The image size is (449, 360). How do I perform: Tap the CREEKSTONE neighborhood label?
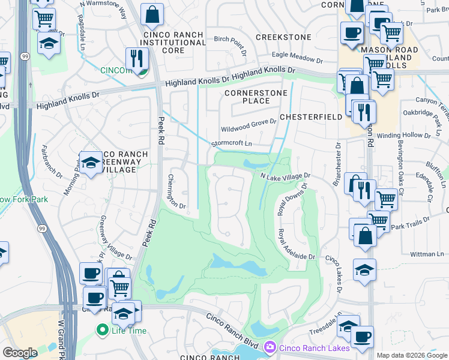pyautogui.click(x=283, y=37)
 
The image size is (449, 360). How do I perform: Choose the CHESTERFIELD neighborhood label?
pyautogui.click(x=310, y=117)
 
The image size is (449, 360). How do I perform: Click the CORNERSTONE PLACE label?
pyautogui.click(x=247, y=97)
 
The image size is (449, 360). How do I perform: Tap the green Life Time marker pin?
pyautogui.click(x=102, y=329)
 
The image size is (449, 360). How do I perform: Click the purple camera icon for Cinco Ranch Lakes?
pyautogui.click(x=270, y=346)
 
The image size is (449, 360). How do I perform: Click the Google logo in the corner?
pyautogui.click(x=20, y=353)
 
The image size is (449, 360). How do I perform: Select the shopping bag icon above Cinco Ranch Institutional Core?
pyautogui.click(x=152, y=14)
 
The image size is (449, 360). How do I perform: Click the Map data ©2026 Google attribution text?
pyautogui.click(x=411, y=355)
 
